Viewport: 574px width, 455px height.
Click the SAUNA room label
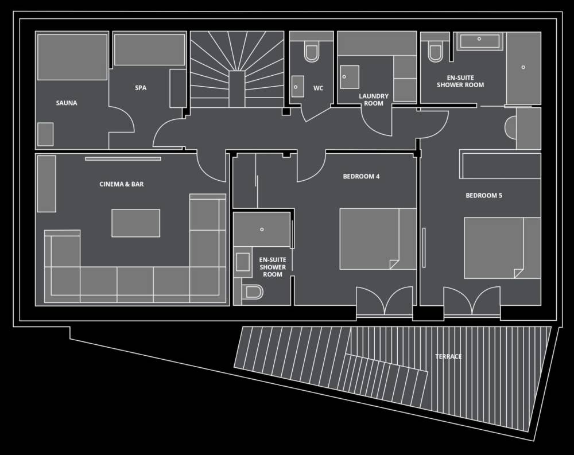(67, 103)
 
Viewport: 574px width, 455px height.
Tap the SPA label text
(141, 88)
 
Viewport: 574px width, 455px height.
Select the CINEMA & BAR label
(122, 184)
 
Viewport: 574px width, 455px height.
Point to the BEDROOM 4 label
(361, 177)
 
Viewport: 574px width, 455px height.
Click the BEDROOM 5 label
(484, 196)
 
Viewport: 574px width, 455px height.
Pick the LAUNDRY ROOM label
(374, 100)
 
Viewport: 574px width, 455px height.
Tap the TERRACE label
(448, 356)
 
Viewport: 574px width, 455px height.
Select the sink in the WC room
(297, 87)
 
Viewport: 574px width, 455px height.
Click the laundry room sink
(350, 77)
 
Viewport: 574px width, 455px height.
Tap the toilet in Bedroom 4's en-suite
(253, 292)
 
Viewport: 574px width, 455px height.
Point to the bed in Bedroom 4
(378, 239)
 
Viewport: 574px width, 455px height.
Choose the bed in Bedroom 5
(503, 248)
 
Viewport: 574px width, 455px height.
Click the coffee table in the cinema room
(136, 223)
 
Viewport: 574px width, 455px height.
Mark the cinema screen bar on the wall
(123, 158)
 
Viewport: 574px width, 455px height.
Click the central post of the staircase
(237, 89)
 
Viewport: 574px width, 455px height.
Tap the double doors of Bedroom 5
(472, 301)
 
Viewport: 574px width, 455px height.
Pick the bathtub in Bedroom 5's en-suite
(479, 41)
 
